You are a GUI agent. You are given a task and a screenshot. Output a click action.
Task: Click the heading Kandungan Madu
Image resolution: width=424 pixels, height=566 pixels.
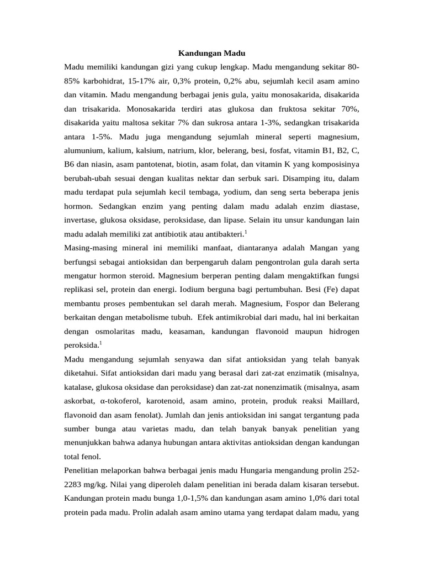211,53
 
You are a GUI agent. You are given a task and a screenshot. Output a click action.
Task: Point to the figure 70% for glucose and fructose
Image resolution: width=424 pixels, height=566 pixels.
349,109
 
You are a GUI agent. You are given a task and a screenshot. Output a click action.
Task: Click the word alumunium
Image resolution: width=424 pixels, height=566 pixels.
84,150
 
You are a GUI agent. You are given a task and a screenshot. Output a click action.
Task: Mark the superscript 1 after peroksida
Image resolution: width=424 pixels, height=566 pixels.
100,343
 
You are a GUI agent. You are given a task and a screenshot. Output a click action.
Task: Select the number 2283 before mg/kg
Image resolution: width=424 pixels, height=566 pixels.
75,485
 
